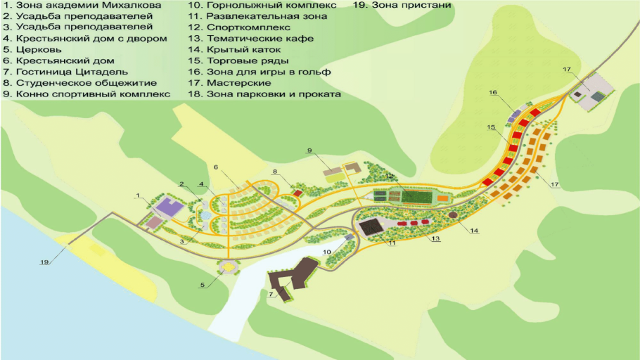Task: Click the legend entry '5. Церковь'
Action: pos(32,50)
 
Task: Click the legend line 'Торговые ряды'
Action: pos(238,61)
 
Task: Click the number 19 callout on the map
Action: pos(44,262)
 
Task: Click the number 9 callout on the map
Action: pos(309,150)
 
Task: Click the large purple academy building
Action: pos(167,207)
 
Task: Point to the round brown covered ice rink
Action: pos(453,214)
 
